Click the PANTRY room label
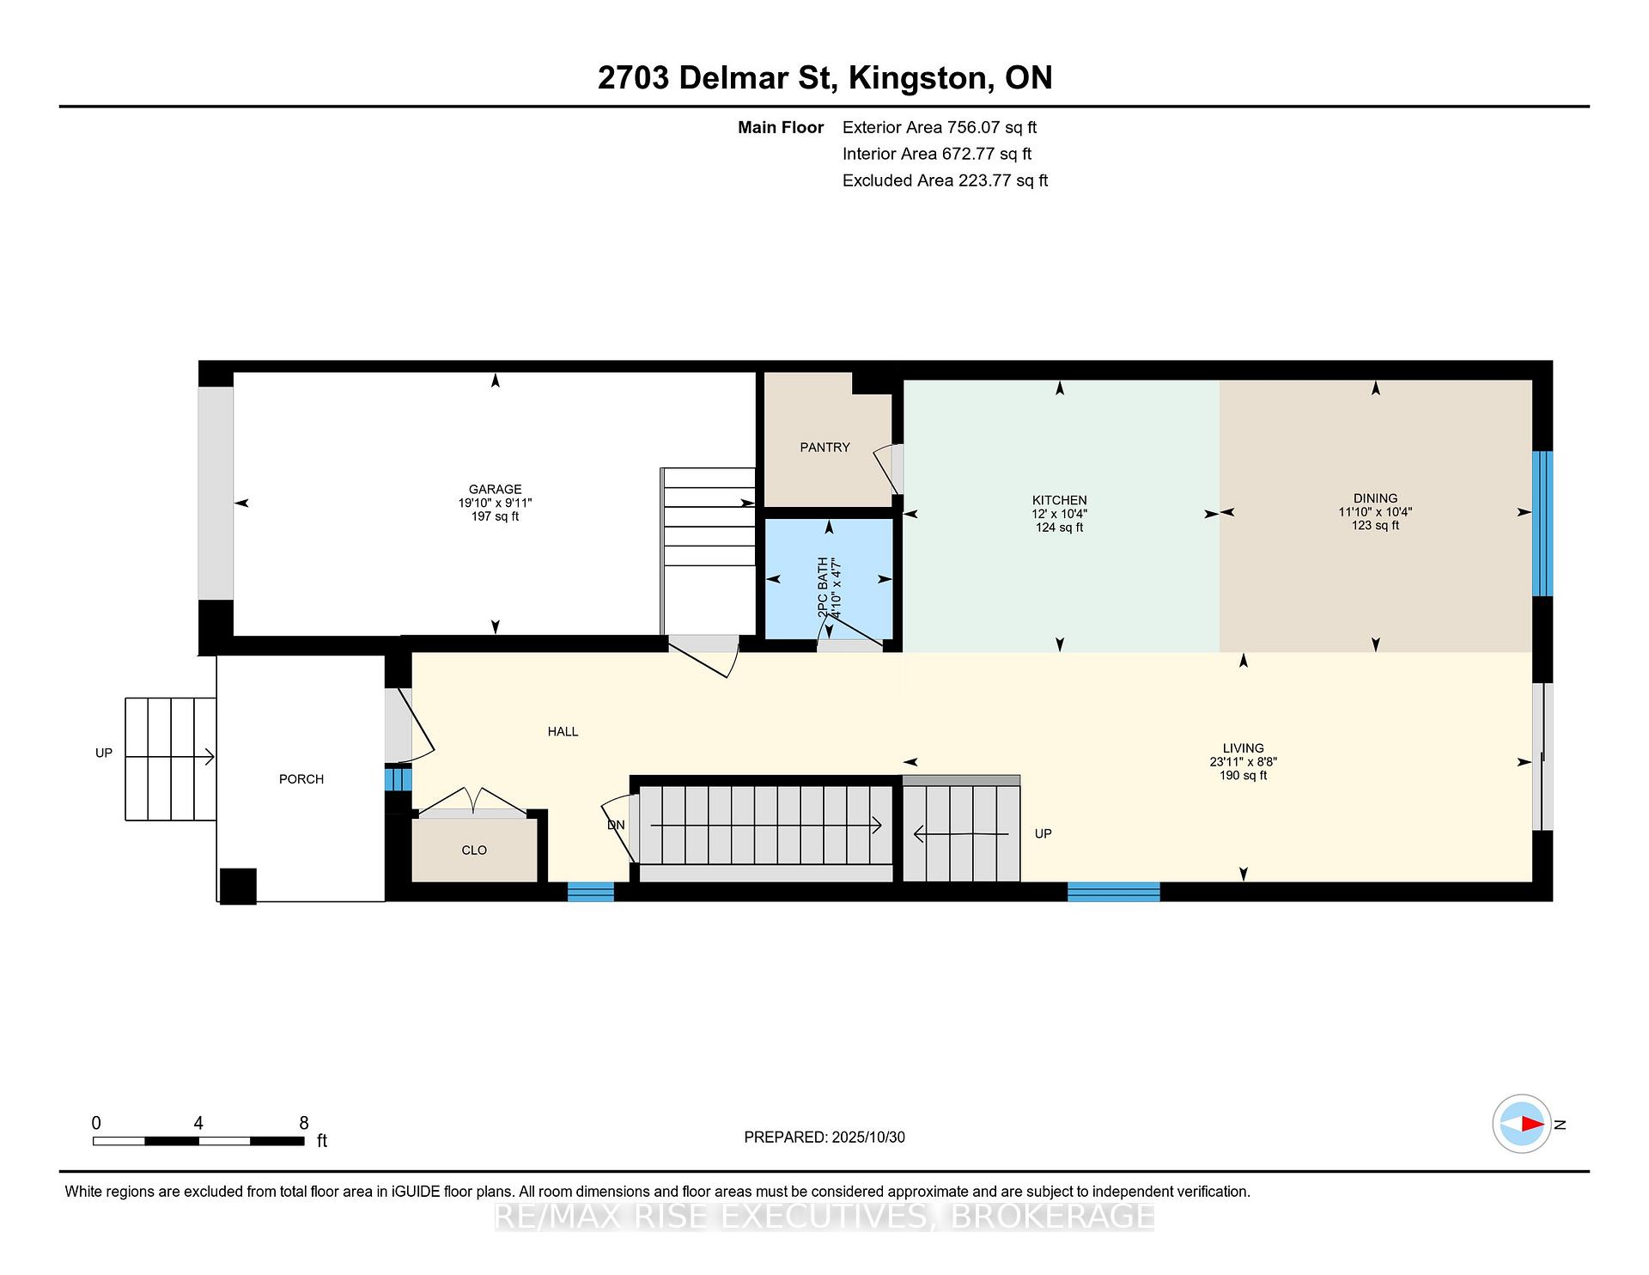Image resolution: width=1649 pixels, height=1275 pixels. pyautogui.click(x=824, y=447)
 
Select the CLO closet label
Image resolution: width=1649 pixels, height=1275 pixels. pyautogui.click(x=474, y=850)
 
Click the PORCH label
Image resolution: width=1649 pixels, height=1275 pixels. pyautogui.click(x=301, y=778)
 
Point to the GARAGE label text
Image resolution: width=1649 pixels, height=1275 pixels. pyautogui.click(x=495, y=489)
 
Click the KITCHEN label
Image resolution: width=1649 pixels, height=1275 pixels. pyautogui.click(x=1059, y=500)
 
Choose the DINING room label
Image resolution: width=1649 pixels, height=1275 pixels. pyautogui.click(x=1375, y=498)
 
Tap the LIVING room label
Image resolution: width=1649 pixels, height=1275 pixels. pyautogui.click(x=1243, y=748)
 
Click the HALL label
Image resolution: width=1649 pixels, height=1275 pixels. pyautogui.click(x=563, y=731)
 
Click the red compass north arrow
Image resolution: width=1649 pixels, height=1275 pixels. pyautogui.click(x=1532, y=1124)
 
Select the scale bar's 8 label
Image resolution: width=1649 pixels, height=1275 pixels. pyautogui.click(x=303, y=1123)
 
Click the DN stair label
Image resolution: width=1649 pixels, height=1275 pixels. pyautogui.click(x=616, y=825)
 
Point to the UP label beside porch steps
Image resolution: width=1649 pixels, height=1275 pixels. pyautogui.click(x=104, y=753)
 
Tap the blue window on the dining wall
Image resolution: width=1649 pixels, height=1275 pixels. pyautogui.click(x=1543, y=523)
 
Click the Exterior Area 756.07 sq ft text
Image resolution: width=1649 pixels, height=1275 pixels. pyautogui.click(x=940, y=127)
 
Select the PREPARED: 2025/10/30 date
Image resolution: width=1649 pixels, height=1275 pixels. pyautogui.click(x=824, y=1137)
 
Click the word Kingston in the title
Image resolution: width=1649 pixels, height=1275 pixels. pyautogui.click(x=918, y=78)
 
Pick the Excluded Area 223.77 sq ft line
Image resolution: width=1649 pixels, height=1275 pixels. pyautogui.click(x=945, y=180)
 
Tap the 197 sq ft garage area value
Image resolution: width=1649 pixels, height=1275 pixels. pyautogui.click(x=495, y=516)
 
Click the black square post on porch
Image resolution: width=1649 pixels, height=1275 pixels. pyautogui.click(x=238, y=886)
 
